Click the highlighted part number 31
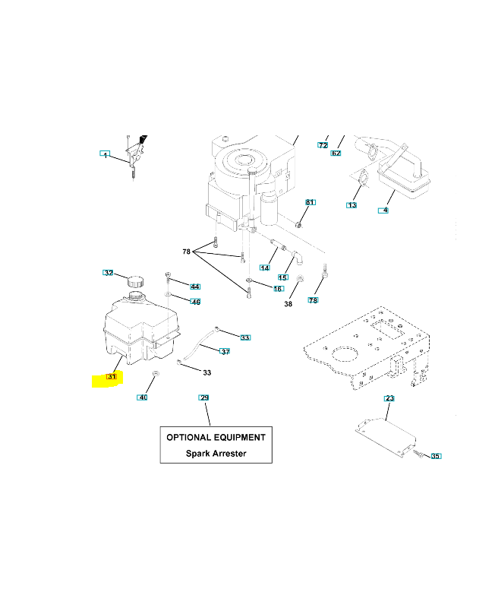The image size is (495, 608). click(112, 377)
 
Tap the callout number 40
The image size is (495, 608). click(143, 397)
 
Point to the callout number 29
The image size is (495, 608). click(203, 397)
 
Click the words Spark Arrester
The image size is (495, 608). click(216, 454)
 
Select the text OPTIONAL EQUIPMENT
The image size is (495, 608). click(216, 438)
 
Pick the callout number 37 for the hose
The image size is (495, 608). click(225, 351)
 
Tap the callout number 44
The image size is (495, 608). click(195, 287)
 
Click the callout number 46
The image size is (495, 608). click(195, 302)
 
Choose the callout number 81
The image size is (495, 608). click(310, 202)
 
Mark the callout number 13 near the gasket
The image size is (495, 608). click(352, 205)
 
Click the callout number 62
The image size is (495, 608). click(336, 154)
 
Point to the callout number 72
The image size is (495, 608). click(323, 144)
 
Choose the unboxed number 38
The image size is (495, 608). click(288, 304)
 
